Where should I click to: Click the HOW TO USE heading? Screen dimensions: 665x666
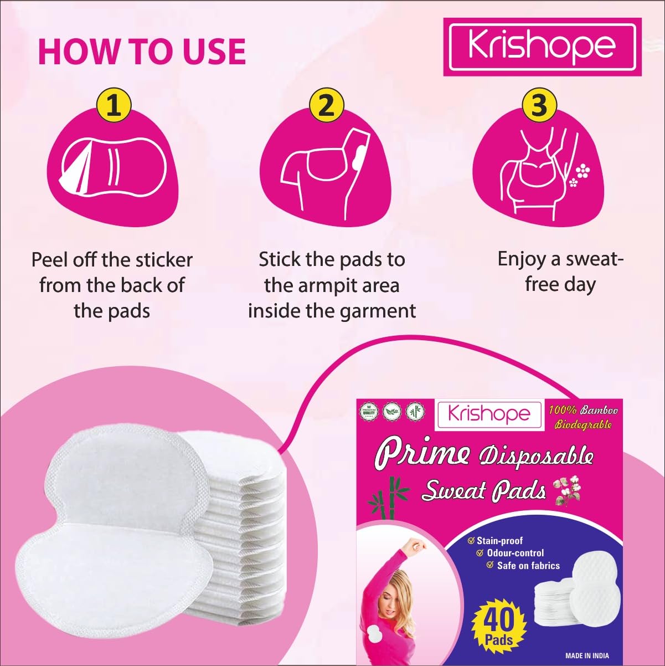coord(142,52)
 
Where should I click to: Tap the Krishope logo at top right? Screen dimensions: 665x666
coord(543,47)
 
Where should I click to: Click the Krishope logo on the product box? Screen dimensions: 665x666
coord(489,415)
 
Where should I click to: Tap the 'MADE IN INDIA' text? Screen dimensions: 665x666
coord(587,655)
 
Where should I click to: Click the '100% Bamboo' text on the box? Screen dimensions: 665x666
coord(583,411)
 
